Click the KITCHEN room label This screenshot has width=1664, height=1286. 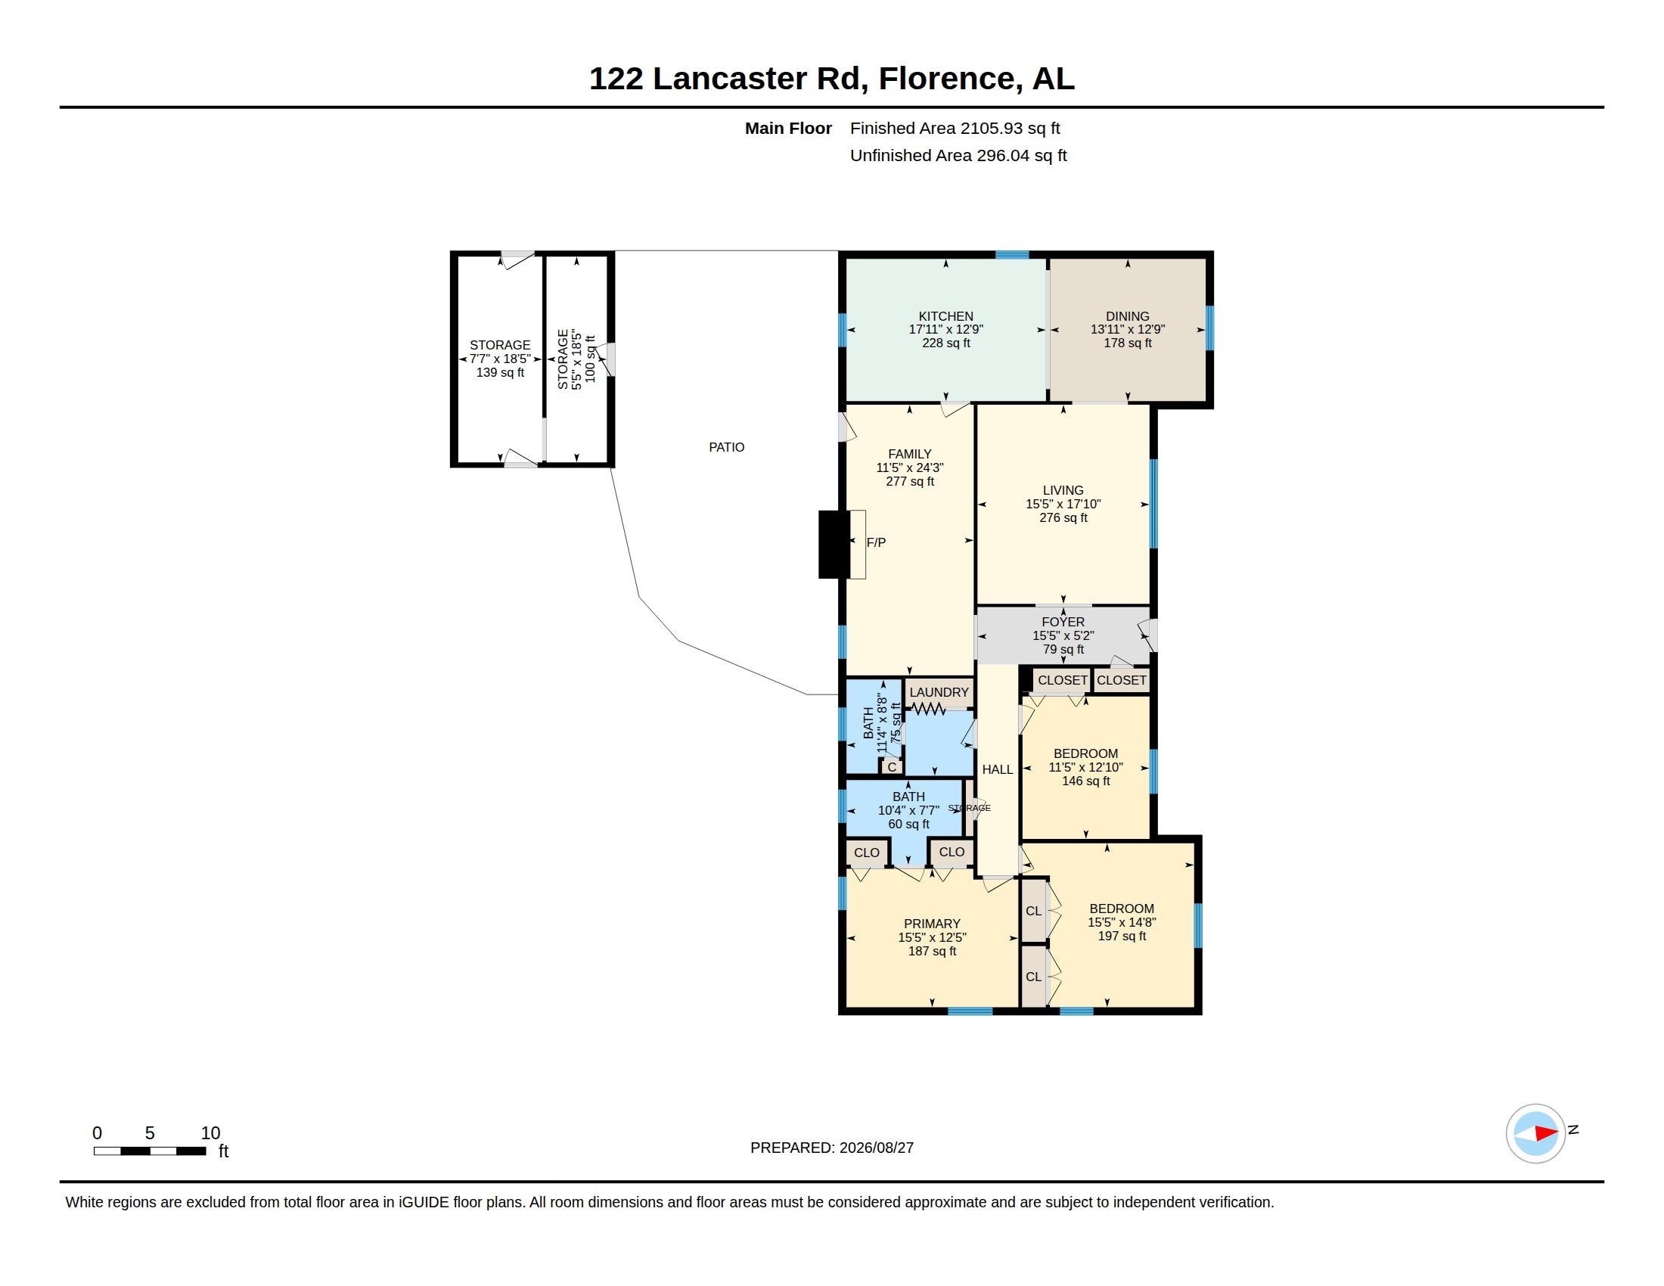coord(945,316)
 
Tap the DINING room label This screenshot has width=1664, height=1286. coord(1128,316)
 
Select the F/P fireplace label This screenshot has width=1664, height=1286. coord(876,542)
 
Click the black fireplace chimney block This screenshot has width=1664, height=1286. coord(834,544)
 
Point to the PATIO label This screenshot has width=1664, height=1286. coord(727,447)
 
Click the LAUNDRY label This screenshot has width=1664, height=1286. coord(939,692)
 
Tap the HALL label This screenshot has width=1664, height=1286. coord(998,769)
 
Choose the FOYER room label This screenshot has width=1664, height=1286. coord(1063,622)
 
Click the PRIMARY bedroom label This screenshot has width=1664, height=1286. coord(932,924)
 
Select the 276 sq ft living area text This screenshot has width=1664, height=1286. coord(1063,518)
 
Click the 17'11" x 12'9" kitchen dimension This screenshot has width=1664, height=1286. coord(945,330)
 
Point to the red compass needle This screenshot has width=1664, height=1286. coord(1545,1133)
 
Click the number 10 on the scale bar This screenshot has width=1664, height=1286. coord(210,1133)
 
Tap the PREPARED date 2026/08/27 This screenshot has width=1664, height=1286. coord(876,1148)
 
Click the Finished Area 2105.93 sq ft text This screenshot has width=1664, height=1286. coord(955,128)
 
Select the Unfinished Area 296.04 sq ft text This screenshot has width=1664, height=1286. coord(958,155)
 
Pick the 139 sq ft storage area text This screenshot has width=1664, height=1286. coord(500,372)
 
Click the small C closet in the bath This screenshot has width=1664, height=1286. coord(892,766)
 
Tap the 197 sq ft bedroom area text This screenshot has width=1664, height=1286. coord(1122,937)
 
